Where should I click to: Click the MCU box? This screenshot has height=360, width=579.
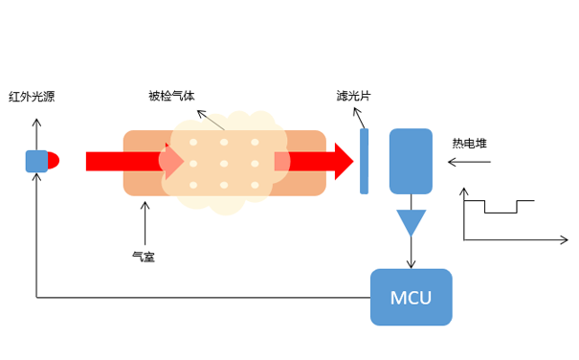click(x=411, y=297)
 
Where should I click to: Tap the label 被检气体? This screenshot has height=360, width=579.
click(x=171, y=97)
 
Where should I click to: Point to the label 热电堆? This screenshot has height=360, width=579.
click(x=469, y=144)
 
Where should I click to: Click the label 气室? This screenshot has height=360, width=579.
click(x=143, y=256)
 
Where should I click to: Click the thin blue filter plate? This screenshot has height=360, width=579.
click(x=364, y=161)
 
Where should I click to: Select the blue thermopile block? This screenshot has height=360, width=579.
click(x=411, y=161)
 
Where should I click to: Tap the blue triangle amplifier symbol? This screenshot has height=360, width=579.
click(x=412, y=222)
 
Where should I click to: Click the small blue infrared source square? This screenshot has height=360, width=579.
click(x=35, y=161)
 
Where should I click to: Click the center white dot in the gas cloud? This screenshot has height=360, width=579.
click(x=224, y=163)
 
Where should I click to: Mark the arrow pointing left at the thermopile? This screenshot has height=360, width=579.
click(x=469, y=162)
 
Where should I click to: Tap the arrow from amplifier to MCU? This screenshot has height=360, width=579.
click(x=412, y=254)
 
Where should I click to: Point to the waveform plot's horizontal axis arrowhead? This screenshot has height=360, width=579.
click(x=562, y=238)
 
